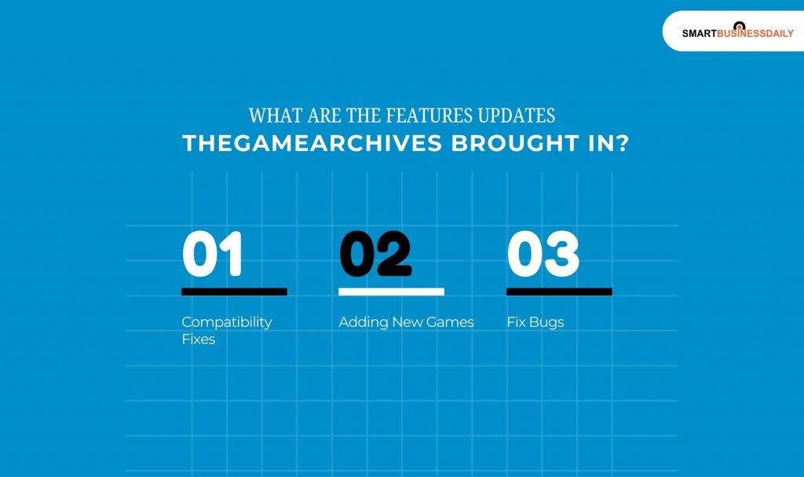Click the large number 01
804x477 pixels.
point(212,255)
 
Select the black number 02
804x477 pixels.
point(375,255)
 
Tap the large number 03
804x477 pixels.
point(543,255)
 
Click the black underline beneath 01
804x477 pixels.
point(234,292)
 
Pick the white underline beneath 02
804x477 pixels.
point(391,292)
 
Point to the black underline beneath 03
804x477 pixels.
point(559,292)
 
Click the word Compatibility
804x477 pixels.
point(226,322)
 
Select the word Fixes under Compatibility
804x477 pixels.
point(198,339)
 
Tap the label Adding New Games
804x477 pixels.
point(406,322)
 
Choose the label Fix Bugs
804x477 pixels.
point(535,322)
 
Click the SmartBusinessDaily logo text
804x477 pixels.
point(737,34)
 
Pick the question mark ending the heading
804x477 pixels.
point(622,145)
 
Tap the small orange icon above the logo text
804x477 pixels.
point(738,24)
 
